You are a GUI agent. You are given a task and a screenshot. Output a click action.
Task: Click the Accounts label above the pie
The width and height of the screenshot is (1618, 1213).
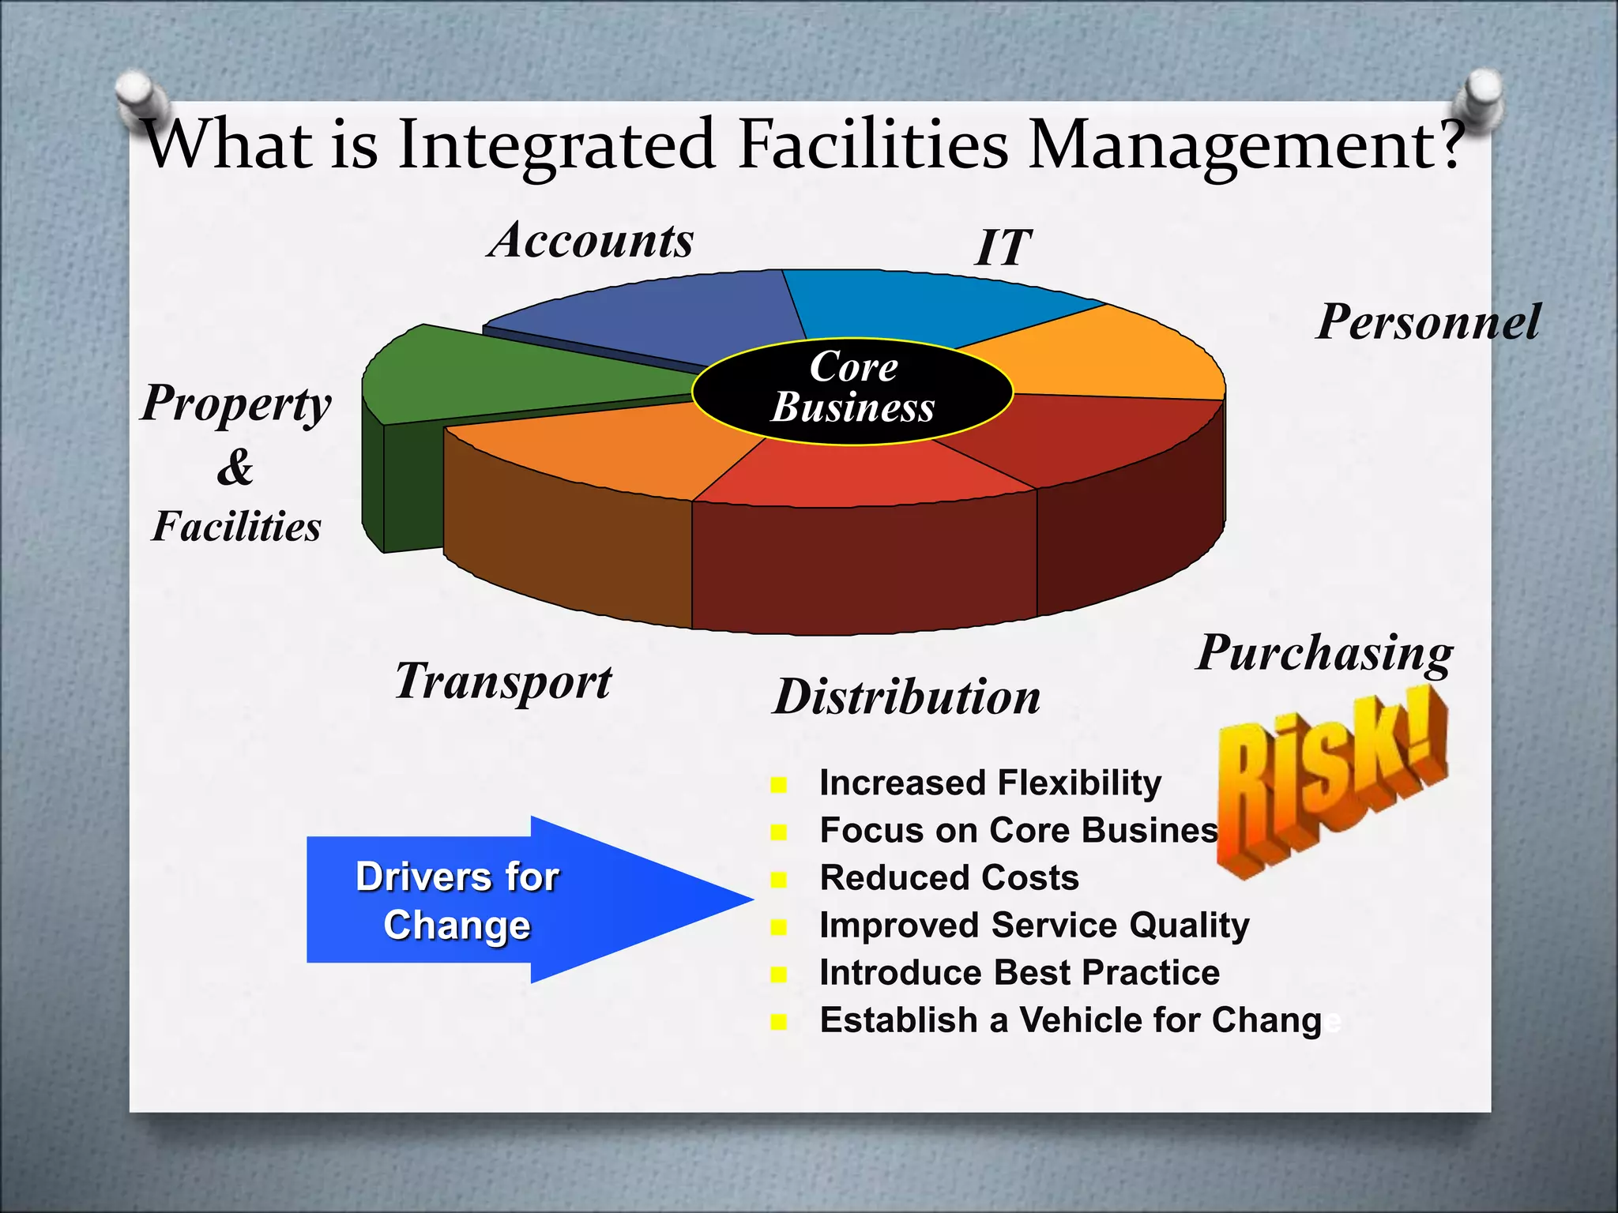[591, 240]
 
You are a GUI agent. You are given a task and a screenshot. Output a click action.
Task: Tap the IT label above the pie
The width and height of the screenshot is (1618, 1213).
[1003, 248]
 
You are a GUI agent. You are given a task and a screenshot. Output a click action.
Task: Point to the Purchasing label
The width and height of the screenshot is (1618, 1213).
[1324, 654]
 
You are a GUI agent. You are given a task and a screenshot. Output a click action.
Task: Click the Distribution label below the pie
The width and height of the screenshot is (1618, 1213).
[907, 697]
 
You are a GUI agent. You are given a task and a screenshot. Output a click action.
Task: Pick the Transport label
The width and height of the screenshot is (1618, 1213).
[503, 682]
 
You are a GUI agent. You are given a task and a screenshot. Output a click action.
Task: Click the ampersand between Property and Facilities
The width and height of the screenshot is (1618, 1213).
[235, 467]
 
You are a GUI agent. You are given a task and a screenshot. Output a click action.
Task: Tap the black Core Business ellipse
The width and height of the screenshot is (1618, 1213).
[852, 391]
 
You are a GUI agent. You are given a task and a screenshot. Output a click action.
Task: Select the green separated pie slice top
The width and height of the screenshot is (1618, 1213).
[506, 371]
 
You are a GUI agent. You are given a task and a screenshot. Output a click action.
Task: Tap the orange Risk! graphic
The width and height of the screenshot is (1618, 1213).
[1331, 782]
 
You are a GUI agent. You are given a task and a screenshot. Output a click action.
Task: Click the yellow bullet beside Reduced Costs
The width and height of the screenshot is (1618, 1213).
[779, 880]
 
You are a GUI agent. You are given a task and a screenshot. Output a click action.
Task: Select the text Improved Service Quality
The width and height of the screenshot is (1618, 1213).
[1034, 926]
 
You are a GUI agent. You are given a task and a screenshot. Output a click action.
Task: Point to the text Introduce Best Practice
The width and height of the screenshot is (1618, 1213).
[1019, 973]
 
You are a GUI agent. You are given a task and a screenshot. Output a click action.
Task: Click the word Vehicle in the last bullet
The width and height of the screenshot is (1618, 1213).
[1079, 1020]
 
